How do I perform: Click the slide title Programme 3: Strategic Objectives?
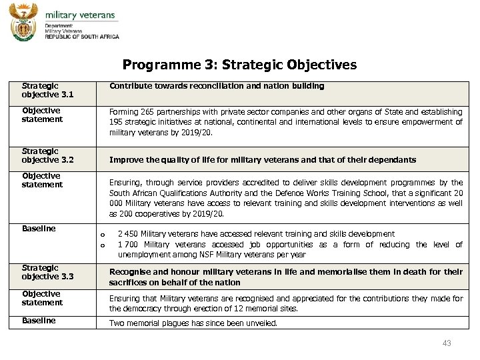click(x=239, y=65)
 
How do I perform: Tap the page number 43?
click(x=447, y=343)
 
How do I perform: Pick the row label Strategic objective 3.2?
click(x=47, y=155)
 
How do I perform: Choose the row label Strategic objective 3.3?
click(x=47, y=272)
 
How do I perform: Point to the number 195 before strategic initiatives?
click(x=117, y=122)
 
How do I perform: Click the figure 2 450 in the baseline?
click(x=128, y=234)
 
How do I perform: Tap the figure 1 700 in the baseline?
click(x=128, y=245)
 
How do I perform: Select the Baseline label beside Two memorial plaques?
click(x=39, y=321)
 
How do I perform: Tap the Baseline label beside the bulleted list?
click(x=39, y=229)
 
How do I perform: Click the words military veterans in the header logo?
click(x=79, y=15)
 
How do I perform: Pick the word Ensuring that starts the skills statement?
click(x=127, y=183)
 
